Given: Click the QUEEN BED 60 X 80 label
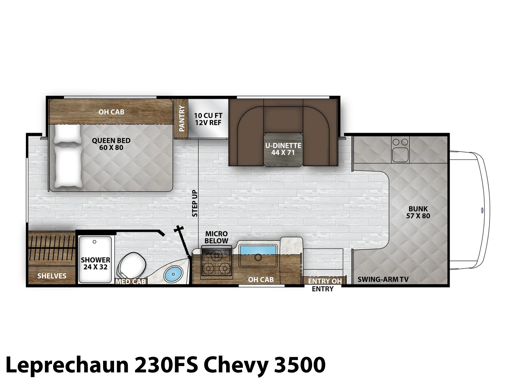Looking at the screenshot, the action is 111,144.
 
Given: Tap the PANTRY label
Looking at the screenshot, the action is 182,118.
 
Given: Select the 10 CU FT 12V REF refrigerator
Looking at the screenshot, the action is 208,119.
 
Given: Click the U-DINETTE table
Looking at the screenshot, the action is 283,149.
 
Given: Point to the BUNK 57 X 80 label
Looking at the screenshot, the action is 418,212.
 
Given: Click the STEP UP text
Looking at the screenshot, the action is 195,203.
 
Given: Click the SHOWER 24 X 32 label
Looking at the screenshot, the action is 96,263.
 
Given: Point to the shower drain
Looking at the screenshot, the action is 94,242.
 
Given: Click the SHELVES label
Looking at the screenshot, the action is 52,276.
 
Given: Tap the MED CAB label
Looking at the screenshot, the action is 131,282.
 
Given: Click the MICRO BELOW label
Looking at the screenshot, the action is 216,237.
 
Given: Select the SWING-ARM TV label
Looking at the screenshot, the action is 383,279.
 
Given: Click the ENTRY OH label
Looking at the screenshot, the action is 325,281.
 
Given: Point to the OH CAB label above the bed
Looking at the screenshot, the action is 111,112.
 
